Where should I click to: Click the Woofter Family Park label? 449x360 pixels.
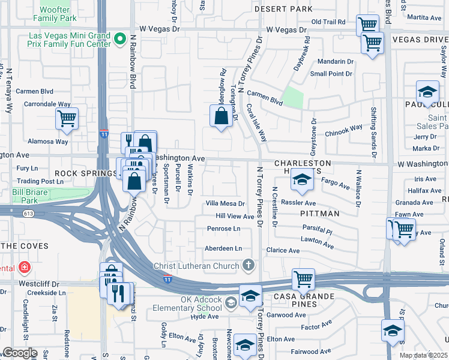59,14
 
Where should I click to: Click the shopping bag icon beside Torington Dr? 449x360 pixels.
221,115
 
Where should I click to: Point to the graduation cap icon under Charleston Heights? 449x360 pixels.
303,180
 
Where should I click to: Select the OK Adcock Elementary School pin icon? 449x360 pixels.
231,302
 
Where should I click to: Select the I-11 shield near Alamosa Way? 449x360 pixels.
104,134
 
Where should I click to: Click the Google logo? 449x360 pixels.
20,353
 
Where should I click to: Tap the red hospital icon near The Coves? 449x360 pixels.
24,266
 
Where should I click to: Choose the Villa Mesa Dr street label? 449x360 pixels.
226,203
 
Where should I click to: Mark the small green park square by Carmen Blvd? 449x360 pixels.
292,98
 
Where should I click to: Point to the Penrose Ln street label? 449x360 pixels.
223,229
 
